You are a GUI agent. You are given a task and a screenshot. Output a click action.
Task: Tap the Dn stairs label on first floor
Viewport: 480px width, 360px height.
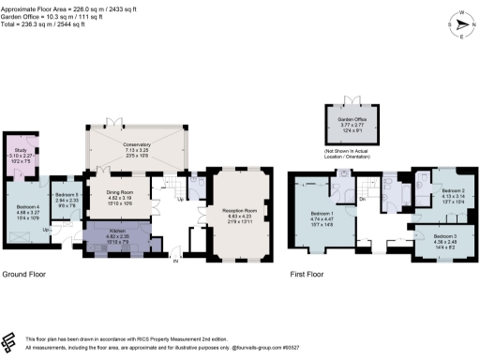point(361,199)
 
